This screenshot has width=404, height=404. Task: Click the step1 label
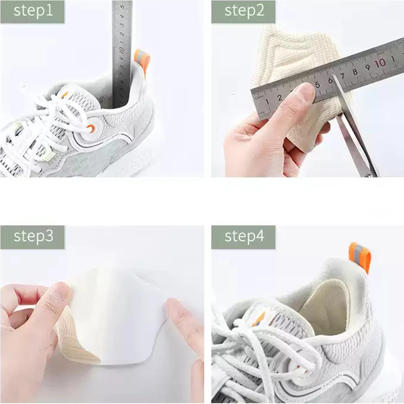32,11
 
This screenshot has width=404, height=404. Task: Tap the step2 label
243,11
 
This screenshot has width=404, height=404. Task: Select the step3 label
32,237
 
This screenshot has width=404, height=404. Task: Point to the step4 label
243,237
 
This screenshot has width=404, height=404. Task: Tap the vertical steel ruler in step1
122,50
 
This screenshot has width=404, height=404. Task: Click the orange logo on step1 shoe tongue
65,94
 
